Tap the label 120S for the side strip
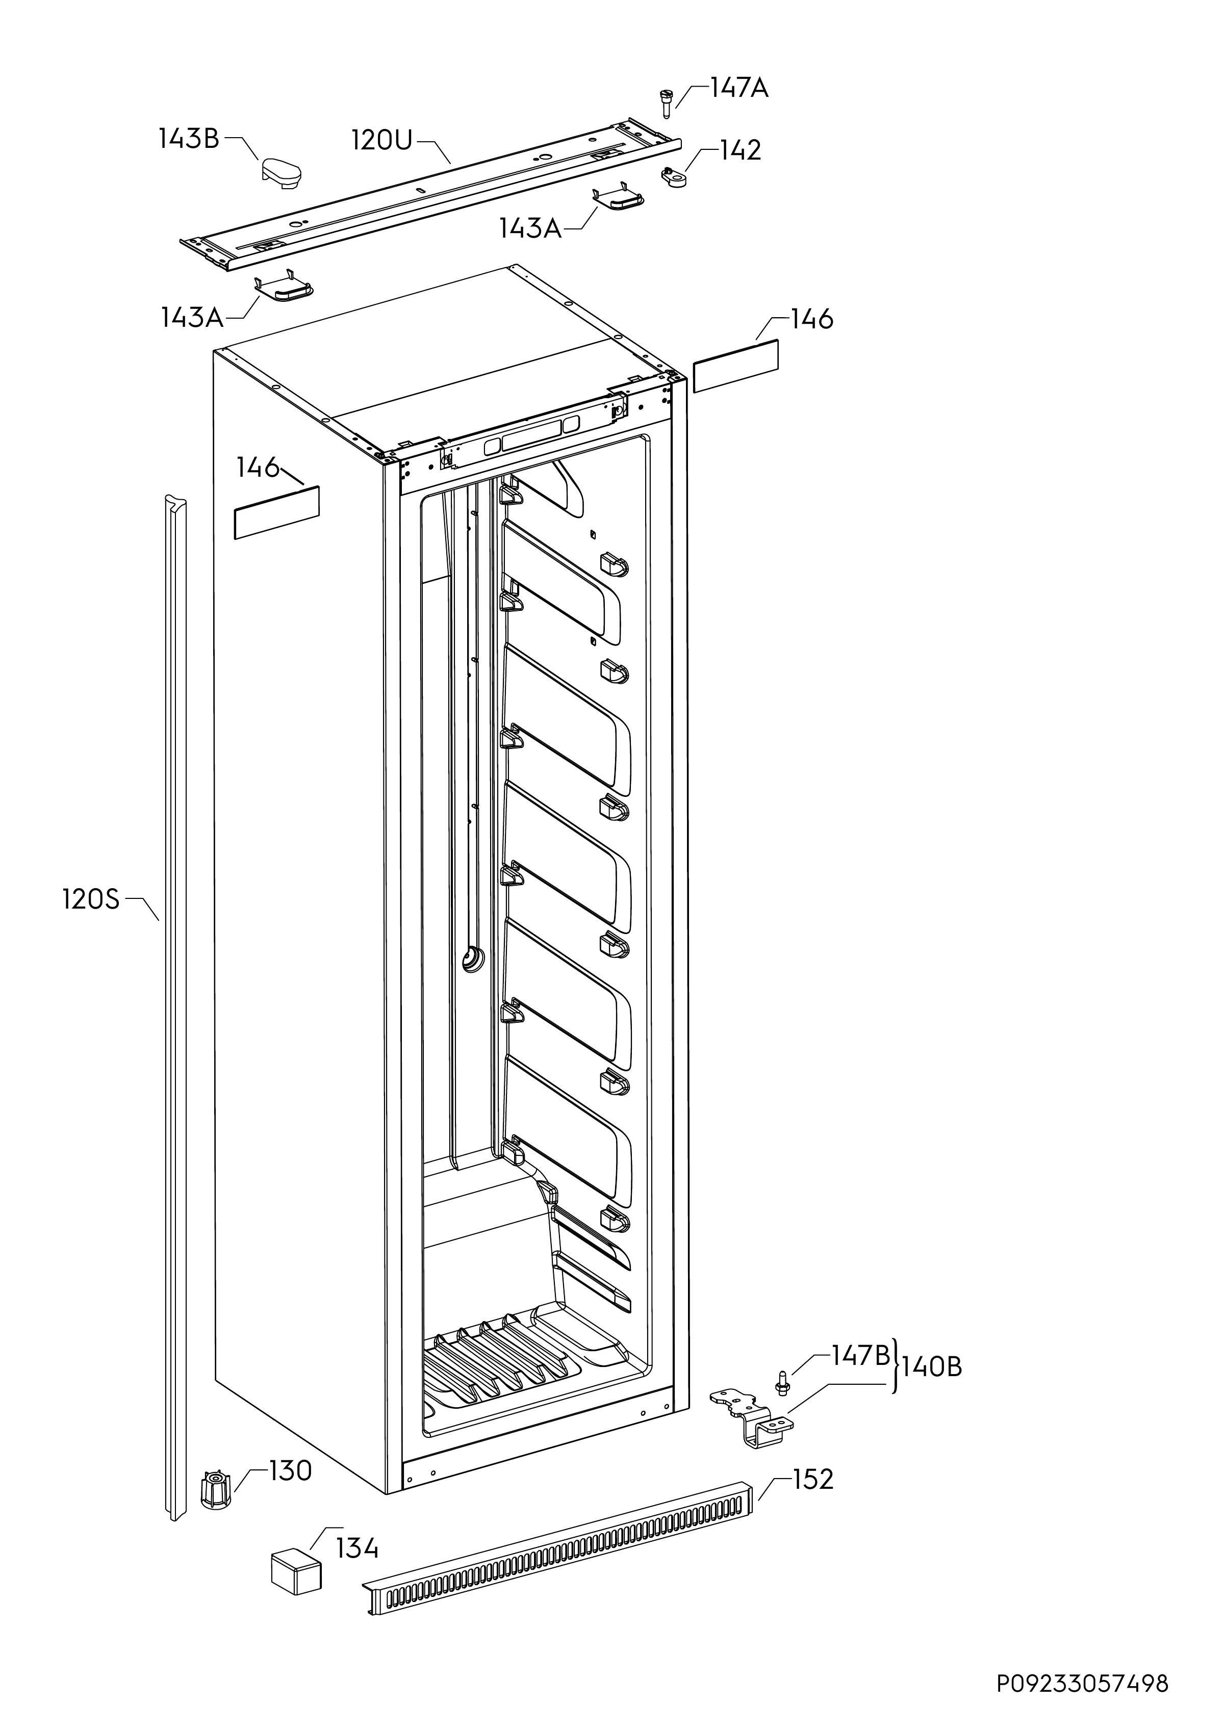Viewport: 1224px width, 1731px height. pos(90,899)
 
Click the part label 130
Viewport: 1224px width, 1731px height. pos(290,1470)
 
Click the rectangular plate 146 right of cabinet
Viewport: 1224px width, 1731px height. pos(735,366)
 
